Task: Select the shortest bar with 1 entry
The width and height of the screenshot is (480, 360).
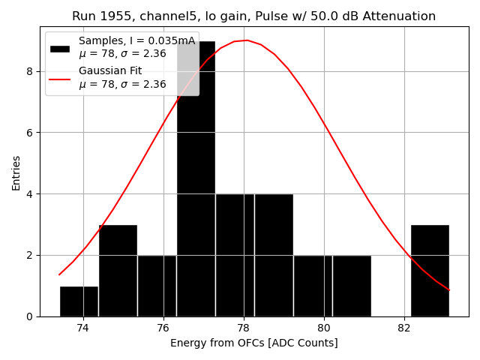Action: tap(79, 301)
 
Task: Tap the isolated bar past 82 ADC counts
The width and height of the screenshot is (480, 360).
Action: tap(430, 271)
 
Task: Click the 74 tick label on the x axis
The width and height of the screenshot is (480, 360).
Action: tap(83, 328)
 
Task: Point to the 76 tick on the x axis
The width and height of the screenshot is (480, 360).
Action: tap(163, 328)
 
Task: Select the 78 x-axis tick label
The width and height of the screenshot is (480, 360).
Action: tap(244, 328)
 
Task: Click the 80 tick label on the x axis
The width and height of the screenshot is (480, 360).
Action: tap(324, 328)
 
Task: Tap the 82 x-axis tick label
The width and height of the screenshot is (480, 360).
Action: tap(404, 328)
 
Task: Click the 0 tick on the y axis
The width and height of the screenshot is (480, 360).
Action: tap(30, 316)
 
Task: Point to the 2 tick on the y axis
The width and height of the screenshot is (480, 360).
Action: tap(30, 255)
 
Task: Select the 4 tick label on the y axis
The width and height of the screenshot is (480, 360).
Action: tap(30, 194)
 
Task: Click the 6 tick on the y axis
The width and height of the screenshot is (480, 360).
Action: tap(30, 133)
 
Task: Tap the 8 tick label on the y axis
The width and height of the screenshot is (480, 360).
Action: tap(30, 71)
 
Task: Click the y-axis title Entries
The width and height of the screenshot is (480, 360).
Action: tap(16, 172)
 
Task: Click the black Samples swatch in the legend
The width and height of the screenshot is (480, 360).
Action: tap(59, 48)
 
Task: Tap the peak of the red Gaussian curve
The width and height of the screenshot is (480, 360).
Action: tap(247, 40)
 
